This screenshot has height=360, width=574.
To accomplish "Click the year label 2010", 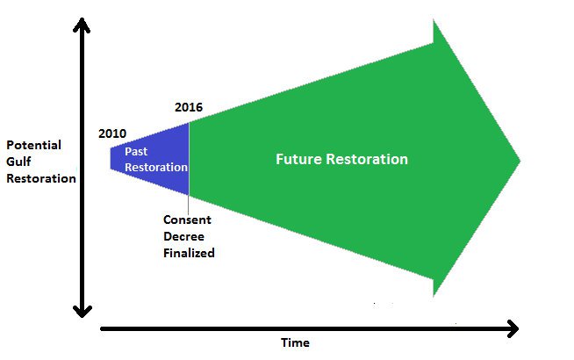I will point(112,134).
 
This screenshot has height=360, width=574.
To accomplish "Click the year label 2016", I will point(189,107).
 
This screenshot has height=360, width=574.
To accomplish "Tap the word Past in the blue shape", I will point(135,152).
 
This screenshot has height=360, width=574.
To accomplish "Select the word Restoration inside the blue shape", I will point(155,167).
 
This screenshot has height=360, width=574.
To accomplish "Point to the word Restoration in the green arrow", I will point(369,160).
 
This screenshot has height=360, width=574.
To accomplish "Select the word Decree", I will point(183,236).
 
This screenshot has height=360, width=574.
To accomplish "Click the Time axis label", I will point(295,342).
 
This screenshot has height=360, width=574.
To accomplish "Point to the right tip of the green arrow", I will point(520,161).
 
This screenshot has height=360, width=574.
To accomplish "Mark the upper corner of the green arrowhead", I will point(434,21).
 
